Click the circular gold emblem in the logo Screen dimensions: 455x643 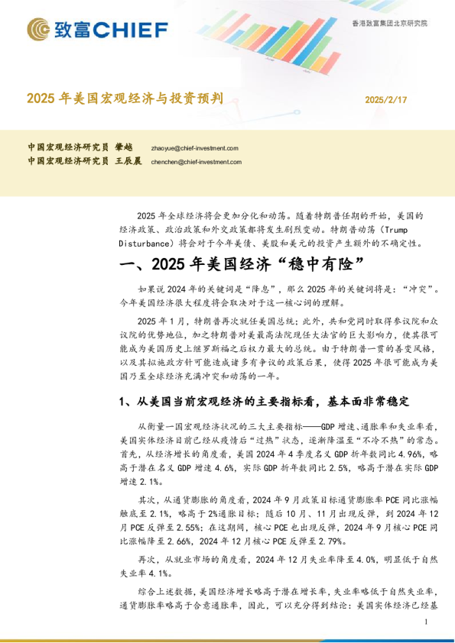pyautogui.click(x=39, y=30)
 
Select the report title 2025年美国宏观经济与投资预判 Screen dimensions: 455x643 pyautogui.click(x=125, y=99)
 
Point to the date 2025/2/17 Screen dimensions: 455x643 pyautogui.click(x=386, y=100)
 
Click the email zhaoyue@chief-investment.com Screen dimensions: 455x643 pyautogui.click(x=195, y=149)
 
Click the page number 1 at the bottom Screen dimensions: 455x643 pyautogui.click(x=425, y=623)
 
